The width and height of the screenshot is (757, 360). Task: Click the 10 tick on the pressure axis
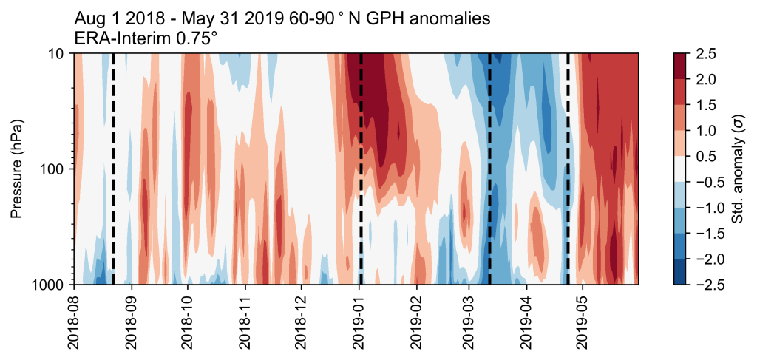(59, 54)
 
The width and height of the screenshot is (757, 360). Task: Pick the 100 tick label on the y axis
(55, 169)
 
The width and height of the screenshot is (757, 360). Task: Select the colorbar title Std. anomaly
(737, 169)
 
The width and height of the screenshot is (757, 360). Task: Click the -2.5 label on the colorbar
(706, 284)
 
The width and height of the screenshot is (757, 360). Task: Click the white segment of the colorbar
(682, 169)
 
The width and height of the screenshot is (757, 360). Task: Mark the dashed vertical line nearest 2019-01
(361, 169)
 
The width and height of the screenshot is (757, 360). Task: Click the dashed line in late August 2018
(113, 169)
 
